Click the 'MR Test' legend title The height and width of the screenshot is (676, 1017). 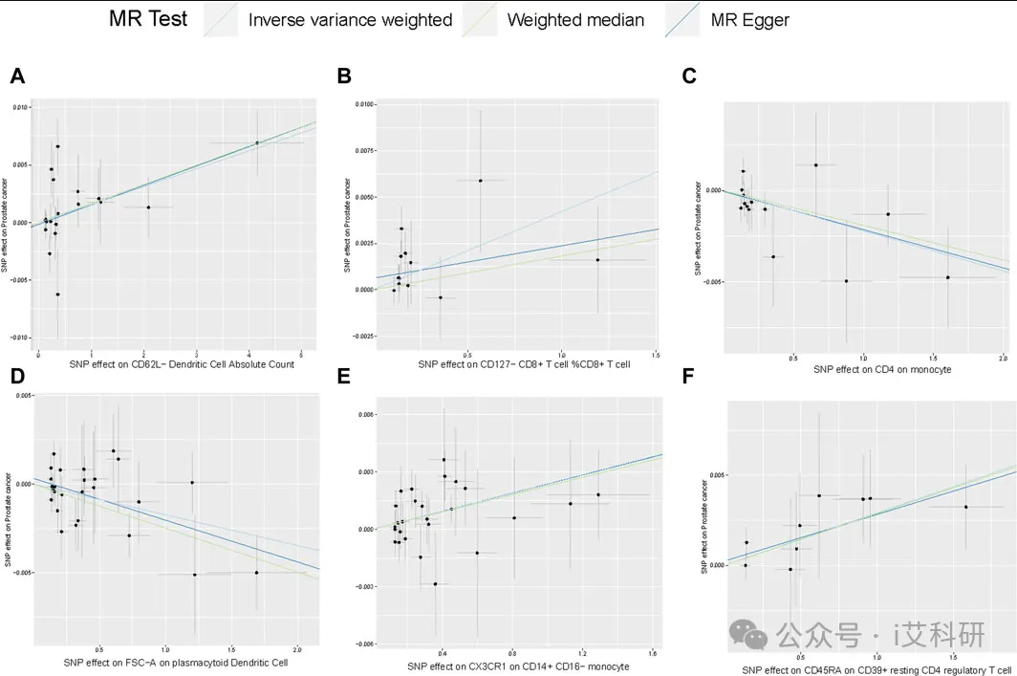coord(147,19)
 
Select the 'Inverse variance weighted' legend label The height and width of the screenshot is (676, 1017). coord(350,20)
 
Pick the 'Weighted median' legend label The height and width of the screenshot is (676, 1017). coord(575,20)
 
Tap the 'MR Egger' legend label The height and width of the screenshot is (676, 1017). coord(750,20)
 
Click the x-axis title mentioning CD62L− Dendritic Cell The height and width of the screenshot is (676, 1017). coord(181,364)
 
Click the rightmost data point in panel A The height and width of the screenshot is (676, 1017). coord(257,142)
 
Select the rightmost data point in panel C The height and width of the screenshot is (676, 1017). coord(947,277)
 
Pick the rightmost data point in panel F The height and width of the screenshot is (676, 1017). coord(965,507)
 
